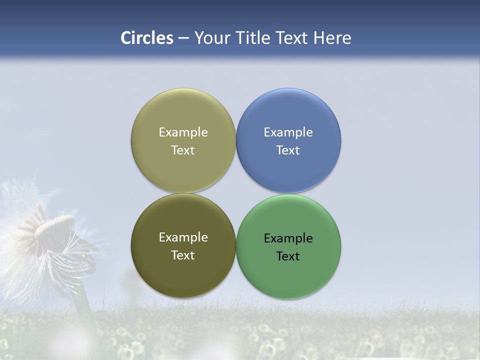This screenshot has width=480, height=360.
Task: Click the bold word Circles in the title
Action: tap(147, 38)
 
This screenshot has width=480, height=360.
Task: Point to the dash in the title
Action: tap(183, 38)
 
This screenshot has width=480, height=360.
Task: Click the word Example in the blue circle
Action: tap(288, 132)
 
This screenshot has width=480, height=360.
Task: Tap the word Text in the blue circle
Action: tap(288, 150)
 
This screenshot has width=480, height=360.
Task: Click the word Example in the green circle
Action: tap(288, 238)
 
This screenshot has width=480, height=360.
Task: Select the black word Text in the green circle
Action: tap(288, 256)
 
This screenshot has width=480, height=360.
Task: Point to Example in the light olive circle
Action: tap(183, 132)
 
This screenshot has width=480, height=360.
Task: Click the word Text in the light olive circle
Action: tap(183, 150)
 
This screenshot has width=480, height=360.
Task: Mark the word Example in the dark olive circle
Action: tap(183, 237)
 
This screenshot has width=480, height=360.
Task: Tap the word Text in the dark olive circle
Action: tap(183, 255)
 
